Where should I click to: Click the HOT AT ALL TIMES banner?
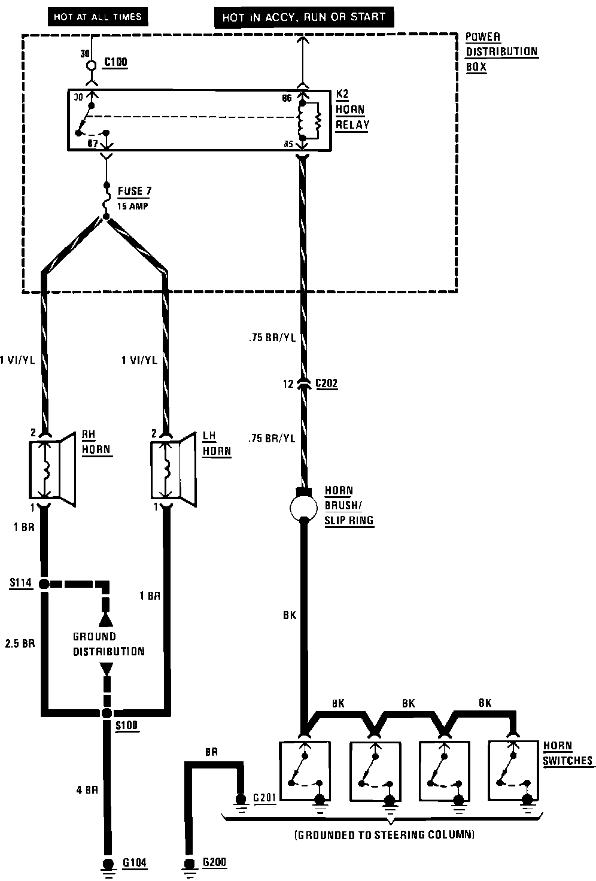tap(98, 17)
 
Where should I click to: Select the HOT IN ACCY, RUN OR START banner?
tap(304, 18)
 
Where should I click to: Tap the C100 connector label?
tap(115, 62)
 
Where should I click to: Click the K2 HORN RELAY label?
tap(352, 110)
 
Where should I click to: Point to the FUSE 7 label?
tap(134, 192)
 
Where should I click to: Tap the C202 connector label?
tap(326, 384)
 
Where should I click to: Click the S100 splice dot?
tap(107, 712)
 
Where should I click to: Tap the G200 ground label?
tap(215, 862)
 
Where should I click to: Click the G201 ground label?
tap(264, 798)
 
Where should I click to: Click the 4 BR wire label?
tap(87, 789)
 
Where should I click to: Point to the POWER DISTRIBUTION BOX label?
tap(501, 52)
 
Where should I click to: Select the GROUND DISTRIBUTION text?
tap(108, 644)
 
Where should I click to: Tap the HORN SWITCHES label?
tap(567, 754)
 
